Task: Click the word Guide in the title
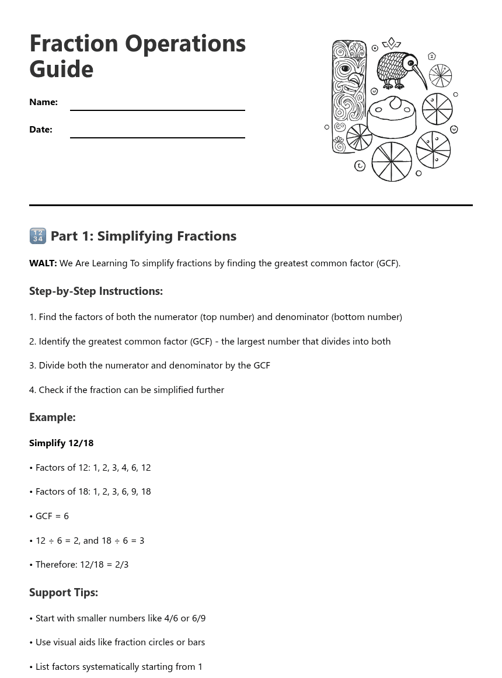pos(61,69)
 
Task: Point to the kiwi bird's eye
pos(411,62)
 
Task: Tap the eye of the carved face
pos(345,68)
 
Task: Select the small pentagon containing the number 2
pos(432,56)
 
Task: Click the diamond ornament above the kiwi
pos(391,43)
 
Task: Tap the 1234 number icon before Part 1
pos(37,236)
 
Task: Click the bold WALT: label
pos(43,263)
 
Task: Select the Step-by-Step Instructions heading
pos(96,291)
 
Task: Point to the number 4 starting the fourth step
pos(32,390)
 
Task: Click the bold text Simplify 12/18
pos(61,443)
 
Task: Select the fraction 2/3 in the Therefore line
pos(121,565)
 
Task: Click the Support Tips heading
pos(64,593)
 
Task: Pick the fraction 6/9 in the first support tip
pos(199,618)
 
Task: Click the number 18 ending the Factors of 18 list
pos(145,492)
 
